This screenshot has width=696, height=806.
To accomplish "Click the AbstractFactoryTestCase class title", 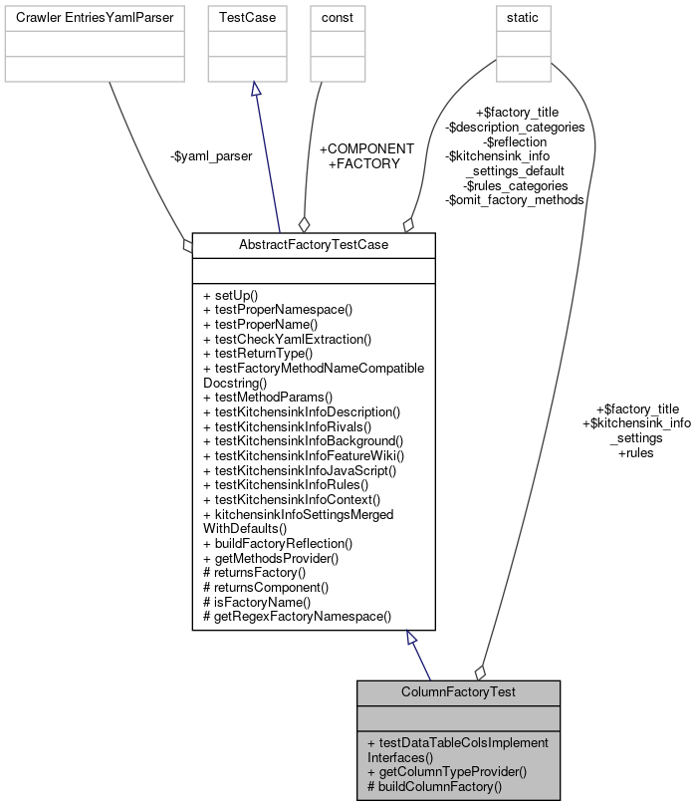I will point(313,245).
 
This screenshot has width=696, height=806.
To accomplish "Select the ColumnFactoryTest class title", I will point(458,692).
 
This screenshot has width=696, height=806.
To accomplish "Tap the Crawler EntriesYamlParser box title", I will point(95,17).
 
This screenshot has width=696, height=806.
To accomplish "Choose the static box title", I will point(522,17).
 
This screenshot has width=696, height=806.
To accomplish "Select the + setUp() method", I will point(230,295).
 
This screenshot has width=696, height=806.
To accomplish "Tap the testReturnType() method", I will point(257,353).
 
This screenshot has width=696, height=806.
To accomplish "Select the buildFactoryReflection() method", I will point(277,543).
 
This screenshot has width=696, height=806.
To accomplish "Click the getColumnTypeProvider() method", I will point(446,772).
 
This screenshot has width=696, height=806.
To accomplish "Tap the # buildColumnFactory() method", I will point(434,786).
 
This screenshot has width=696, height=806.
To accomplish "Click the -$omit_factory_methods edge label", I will point(514,199).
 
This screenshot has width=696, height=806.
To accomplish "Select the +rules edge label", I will point(635,452).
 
